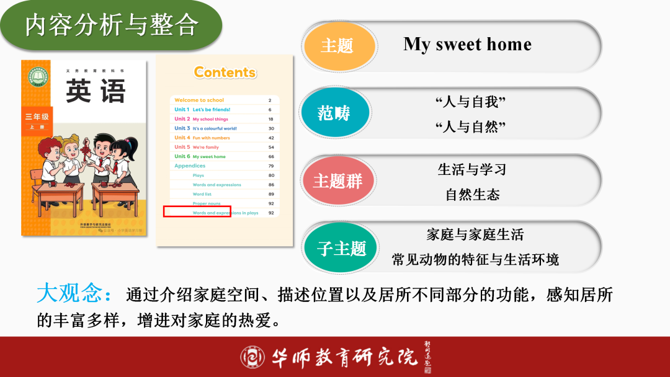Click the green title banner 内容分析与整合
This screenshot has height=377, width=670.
(x=112, y=25)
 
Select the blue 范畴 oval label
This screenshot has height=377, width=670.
(x=334, y=113)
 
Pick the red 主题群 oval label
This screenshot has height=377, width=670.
(x=337, y=180)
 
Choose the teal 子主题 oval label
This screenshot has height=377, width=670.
(x=341, y=248)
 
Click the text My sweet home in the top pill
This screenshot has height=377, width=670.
(x=467, y=45)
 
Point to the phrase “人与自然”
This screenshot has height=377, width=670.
(x=470, y=127)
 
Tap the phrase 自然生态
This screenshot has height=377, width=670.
(x=472, y=195)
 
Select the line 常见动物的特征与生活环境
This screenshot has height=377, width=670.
(x=475, y=259)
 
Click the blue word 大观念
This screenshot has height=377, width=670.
(x=68, y=293)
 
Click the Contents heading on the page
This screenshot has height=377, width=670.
(x=225, y=73)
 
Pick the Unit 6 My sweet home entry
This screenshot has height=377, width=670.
(x=200, y=157)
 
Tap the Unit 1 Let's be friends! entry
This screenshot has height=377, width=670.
(x=202, y=109)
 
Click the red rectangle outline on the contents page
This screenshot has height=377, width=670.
(x=197, y=211)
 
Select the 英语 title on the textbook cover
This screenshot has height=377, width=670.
(x=96, y=92)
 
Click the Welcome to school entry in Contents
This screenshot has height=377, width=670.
(x=199, y=100)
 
